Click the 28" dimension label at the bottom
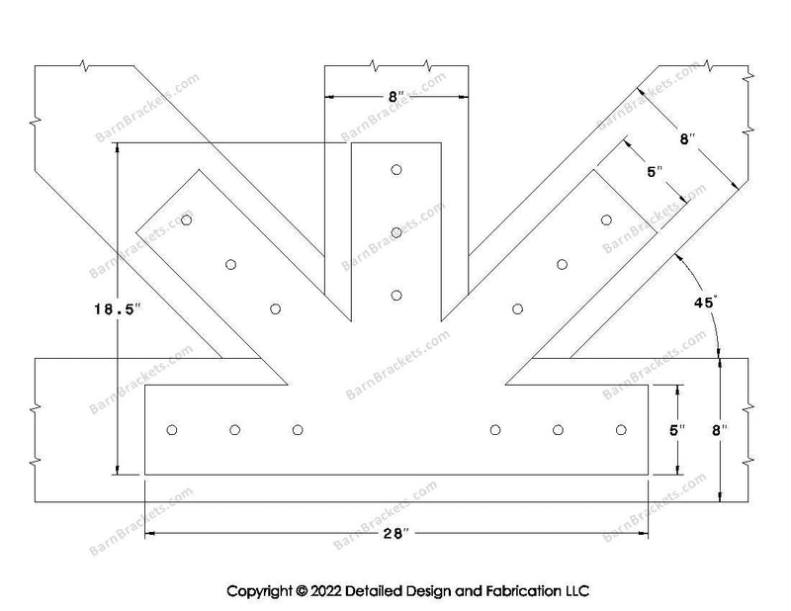(x=397, y=534)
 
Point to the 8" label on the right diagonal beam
(x=687, y=139)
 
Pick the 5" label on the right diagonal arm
(x=654, y=172)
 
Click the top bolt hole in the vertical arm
(x=396, y=170)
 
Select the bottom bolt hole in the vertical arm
(x=396, y=295)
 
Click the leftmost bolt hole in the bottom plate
(x=172, y=429)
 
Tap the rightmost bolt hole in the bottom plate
(x=621, y=429)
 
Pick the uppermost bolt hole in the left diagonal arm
(x=187, y=219)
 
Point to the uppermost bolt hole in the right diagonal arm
(x=606, y=219)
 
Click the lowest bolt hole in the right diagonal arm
(x=517, y=308)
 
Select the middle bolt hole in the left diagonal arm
(x=230, y=264)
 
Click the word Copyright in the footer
(x=259, y=591)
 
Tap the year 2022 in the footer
(x=331, y=591)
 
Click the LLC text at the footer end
(x=575, y=591)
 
